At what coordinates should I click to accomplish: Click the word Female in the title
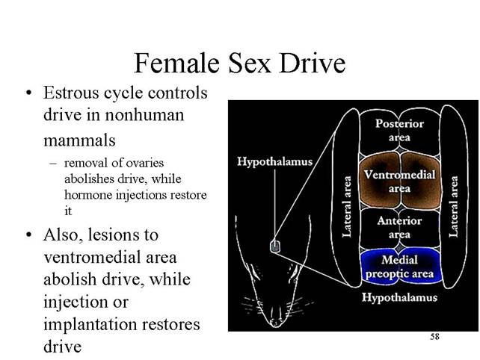pyautogui.click(x=177, y=63)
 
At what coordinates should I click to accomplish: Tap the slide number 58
pyautogui.click(x=434, y=337)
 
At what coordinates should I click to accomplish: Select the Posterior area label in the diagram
pyautogui.click(x=399, y=130)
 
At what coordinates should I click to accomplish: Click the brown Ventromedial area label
pyautogui.click(x=399, y=181)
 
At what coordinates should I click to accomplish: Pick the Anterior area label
pyautogui.click(x=399, y=227)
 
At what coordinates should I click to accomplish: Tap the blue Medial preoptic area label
pyautogui.click(x=399, y=267)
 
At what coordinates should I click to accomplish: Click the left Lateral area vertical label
pyautogui.click(x=347, y=207)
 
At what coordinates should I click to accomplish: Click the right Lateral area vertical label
pyautogui.click(x=453, y=207)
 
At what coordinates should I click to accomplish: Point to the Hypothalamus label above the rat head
pyautogui.click(x=274, y=161)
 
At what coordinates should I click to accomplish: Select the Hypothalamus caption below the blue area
pyautogui.click(x=399, y=297)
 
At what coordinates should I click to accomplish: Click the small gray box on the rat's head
pyautogui.click(x=275, y=246)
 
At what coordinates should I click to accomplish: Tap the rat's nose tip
pyautogui.click(x=275, y=323)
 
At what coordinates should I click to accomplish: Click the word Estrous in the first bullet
pyautogui.click(x=71, y=93)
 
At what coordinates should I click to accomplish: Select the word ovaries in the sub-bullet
pyautogui.click(x=147, y=163)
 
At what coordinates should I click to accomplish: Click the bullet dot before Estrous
pyautogui.click(x=29, y=93)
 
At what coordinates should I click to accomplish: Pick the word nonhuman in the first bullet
pyautogui.click(x=144, y=115)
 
